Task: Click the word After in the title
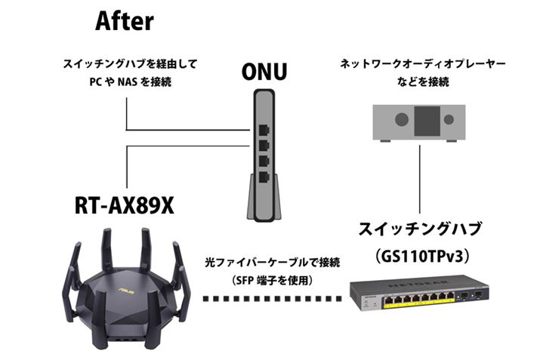click(x=125, y=20)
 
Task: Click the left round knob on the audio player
click(x=403, y=119)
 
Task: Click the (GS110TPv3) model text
click(x=418, y=257)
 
